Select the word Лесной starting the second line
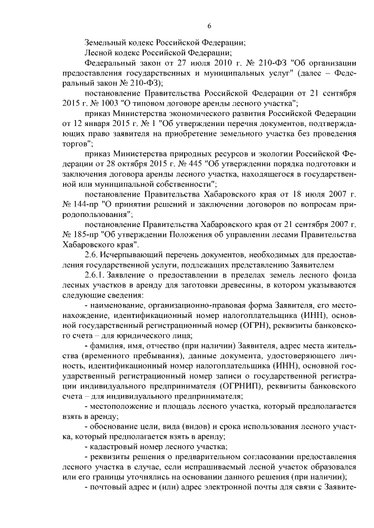tap(98, 53)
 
